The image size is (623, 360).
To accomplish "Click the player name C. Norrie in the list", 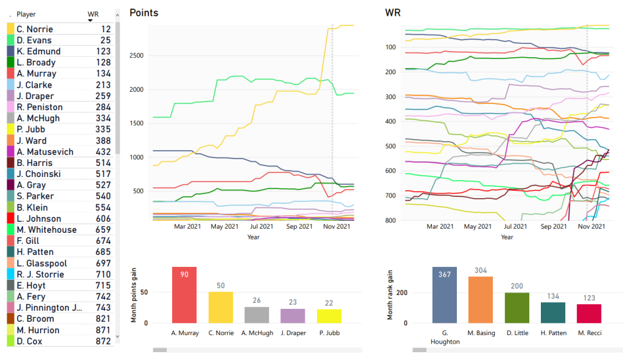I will click(35, 29).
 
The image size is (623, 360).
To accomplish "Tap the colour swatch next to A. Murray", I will click(10, 74).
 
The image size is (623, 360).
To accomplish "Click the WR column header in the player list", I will click(93, 13).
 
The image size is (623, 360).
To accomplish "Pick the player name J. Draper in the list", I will click(35, 96).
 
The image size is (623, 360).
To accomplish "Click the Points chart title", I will click(144, 13).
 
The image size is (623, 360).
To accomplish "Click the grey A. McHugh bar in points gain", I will click(256, 314).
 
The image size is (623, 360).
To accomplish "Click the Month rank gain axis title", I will click(391, 294).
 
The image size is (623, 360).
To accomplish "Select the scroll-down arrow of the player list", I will click(117, 336).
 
